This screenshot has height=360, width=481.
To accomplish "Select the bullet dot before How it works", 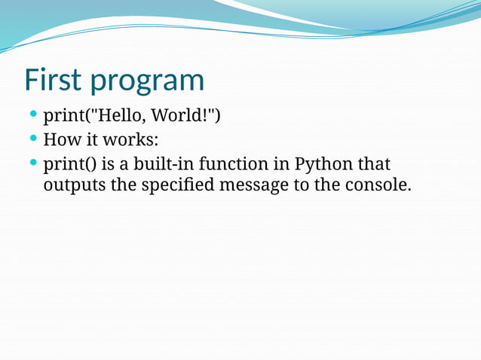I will pos(32,139).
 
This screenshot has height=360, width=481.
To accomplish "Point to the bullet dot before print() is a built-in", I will pos(32,162).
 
